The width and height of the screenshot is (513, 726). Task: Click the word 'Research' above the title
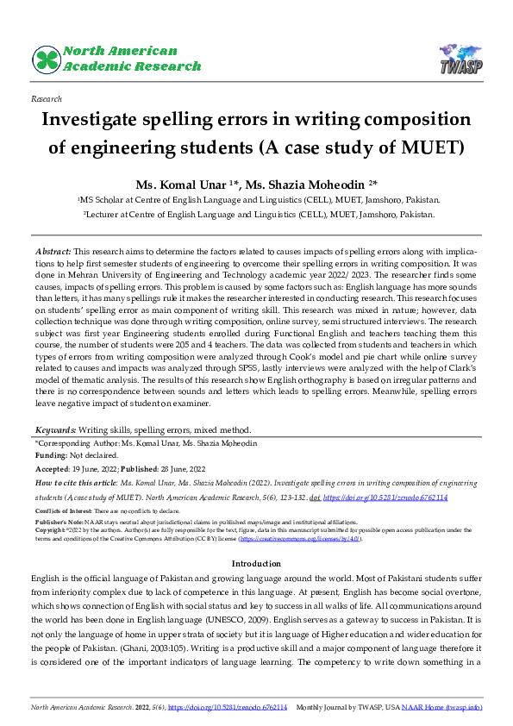click(46, 100)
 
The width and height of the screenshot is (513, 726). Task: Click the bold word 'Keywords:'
click(55, 429)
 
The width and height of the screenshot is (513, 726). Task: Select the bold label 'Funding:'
click(50, 454)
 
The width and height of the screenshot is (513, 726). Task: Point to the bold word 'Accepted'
click(53, 468)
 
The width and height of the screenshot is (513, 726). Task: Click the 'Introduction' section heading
click(256, 564)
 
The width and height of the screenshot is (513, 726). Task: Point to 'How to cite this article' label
click(76, 484)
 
